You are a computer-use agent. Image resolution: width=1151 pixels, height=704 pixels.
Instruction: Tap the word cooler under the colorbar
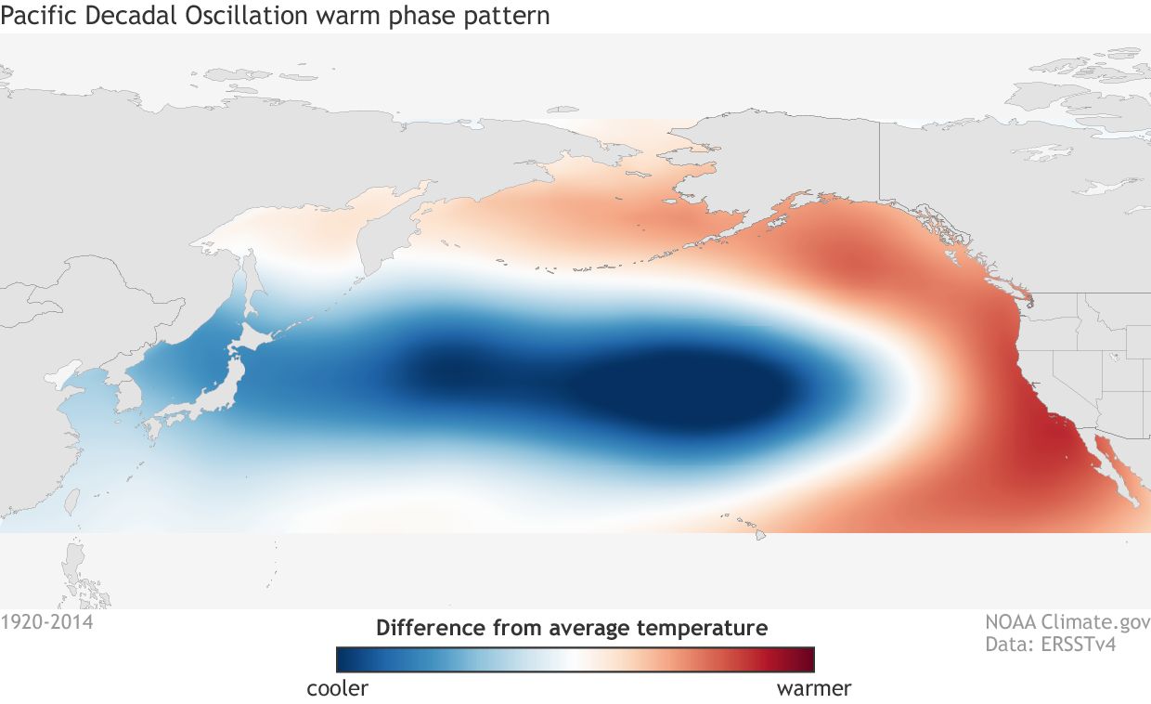pos(337,689)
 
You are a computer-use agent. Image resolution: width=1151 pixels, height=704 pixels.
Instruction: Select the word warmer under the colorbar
pos(813,689)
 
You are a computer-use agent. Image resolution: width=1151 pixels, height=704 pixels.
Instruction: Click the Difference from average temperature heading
pos(572,628)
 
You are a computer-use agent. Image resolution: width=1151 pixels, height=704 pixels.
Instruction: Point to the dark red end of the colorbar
pos(806,658)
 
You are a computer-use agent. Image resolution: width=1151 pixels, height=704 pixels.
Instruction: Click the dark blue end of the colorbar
pos(345,658)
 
